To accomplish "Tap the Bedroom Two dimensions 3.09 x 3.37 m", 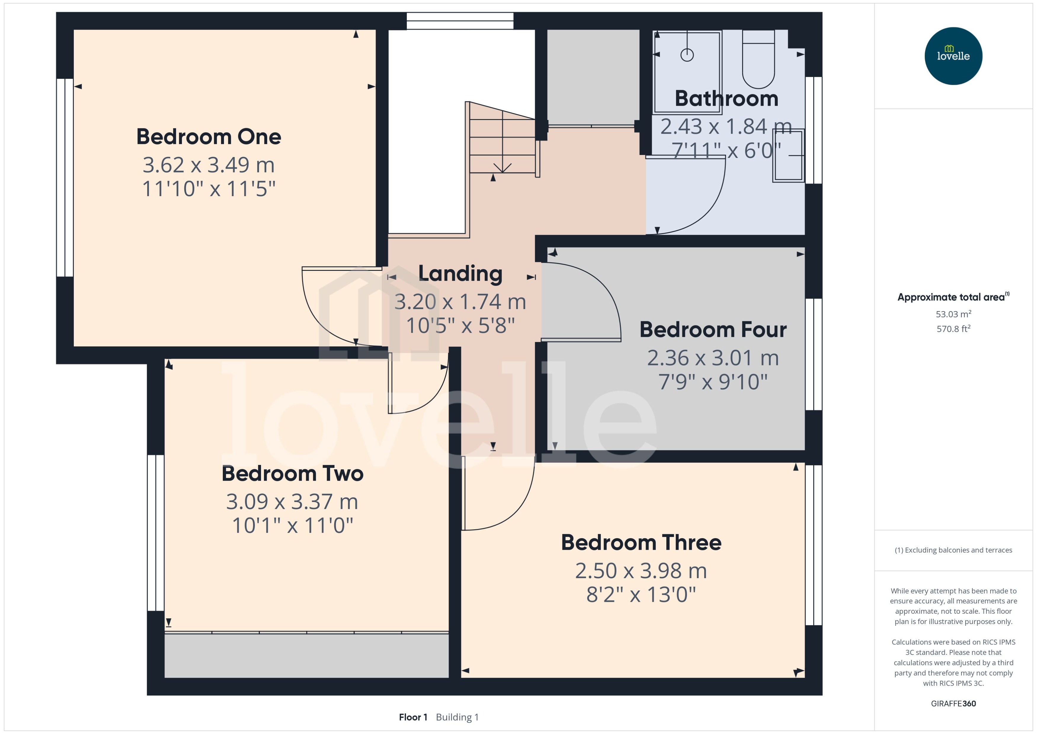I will [x=292, y=502].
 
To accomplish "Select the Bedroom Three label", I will [x=641, y=542].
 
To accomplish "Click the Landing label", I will [x=460, y=274].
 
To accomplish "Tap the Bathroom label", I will [x=726, y=99].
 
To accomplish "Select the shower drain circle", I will [x=687, y=55].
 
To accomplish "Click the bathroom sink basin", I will [x=788, y=155].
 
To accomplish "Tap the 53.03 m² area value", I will [x=953, y=314].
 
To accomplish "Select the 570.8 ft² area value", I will [x=953, y=329].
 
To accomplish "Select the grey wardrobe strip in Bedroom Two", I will [x=306, y=655].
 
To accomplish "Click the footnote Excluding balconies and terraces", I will [x=953, y=550].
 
